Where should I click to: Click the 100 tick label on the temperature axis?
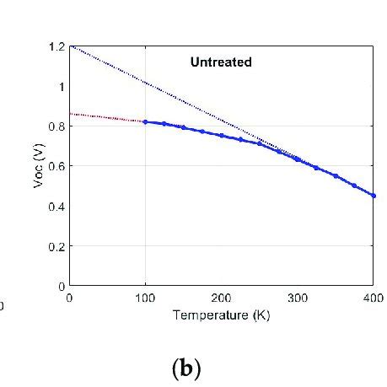(145, 298)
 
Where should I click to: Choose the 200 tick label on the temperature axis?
(221, 298)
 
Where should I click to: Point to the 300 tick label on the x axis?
(297, 298)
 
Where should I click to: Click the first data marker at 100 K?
(145, 121)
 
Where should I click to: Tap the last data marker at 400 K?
(373, 196)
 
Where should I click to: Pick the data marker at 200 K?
(221, 136)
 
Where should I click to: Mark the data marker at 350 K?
(335, 176)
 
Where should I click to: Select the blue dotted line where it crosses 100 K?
(145, 83)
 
